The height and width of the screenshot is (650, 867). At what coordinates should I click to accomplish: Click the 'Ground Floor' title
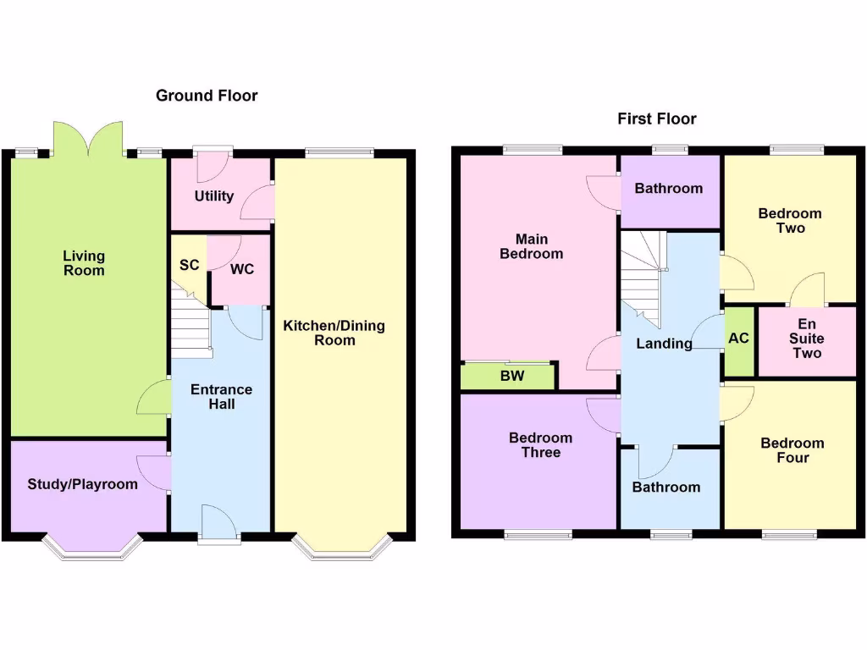(207, 96)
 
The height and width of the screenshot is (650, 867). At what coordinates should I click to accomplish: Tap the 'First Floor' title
(656, 118)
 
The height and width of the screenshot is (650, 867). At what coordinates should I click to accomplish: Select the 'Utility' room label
(213, 196)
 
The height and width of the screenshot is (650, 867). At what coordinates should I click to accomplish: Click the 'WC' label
(242, 269)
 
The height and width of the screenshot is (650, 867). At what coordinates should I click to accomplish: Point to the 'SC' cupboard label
(189, 265)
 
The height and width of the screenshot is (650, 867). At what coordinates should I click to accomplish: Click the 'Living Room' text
(84, 263)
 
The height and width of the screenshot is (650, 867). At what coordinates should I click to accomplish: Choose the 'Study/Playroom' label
(82, 484)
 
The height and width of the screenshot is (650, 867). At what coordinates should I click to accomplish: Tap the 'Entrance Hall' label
(221, 397)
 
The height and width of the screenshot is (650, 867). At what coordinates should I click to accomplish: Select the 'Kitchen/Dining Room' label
(334, 333)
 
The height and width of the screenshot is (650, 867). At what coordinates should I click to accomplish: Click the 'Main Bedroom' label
(531, 246)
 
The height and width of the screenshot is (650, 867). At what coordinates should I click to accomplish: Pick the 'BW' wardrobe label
(511, 377)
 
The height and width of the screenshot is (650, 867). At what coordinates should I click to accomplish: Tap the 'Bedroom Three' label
(540, 445)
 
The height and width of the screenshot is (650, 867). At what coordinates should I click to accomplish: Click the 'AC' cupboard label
(738, 338)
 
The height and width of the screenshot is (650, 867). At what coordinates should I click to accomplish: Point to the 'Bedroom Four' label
(792, 450)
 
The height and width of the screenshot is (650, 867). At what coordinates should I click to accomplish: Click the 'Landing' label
(664, 343)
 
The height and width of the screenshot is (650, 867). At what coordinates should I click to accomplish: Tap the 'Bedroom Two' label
(789, 221)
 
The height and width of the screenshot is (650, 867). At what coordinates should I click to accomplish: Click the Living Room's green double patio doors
(88, 139)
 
